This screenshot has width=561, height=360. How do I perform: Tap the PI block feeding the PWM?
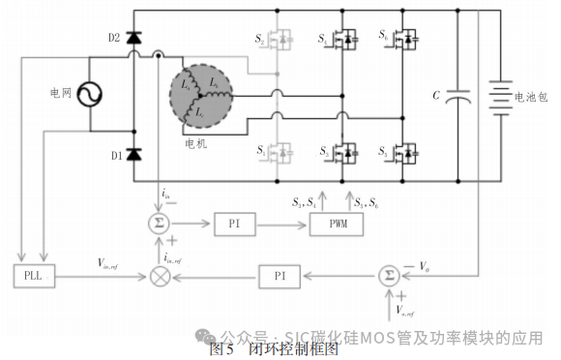point(235,224)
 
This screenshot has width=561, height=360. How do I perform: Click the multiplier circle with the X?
point(158,275)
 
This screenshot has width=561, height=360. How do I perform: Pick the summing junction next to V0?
point(388,275)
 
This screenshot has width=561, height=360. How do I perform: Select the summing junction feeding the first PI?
point(158,224)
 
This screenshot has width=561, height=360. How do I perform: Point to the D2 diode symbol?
point(133,38)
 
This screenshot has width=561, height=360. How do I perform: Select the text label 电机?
point(196,143)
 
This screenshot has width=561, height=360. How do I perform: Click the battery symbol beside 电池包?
point(498,96)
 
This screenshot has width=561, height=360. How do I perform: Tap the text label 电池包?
point(532,97)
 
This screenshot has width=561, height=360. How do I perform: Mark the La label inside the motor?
point(186,84)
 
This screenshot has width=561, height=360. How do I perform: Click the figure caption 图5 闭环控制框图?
point(274,349)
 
